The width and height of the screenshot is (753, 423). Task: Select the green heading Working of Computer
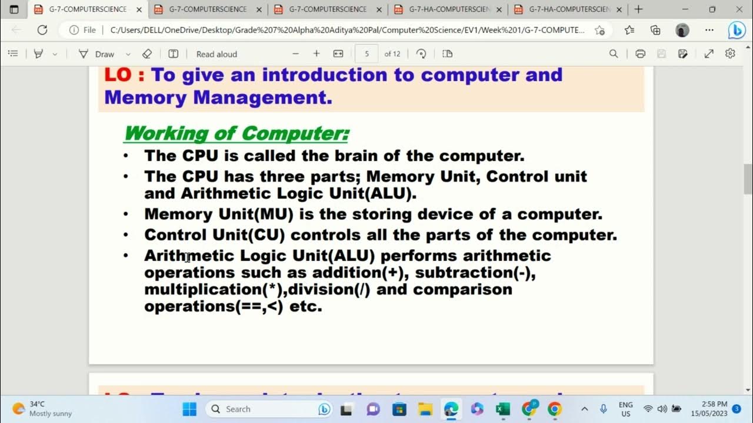coord(236,133)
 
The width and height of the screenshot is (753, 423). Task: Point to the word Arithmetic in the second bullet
coord(221,193)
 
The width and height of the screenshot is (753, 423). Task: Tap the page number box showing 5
coord(366,53)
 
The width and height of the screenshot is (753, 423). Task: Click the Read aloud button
coord(216,54)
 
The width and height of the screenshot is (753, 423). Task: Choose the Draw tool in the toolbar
coord(98,54)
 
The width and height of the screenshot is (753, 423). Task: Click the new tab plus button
coord(638,9)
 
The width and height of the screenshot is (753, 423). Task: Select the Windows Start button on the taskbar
coord(189,409)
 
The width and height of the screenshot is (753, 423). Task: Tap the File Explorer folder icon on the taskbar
coord(425,409)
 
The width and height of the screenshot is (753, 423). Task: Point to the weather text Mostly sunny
coord(51,414)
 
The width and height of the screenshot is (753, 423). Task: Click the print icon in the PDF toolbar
coord(640,54)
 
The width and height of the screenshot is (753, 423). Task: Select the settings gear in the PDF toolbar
coord(730,54)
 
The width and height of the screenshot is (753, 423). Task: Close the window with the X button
coord(739,9)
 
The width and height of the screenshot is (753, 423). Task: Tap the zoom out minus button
coord(295,54)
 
